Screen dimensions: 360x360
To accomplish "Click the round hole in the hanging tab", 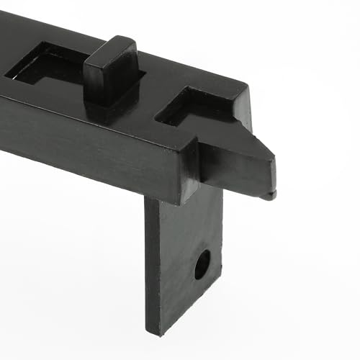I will (x=202, y=264).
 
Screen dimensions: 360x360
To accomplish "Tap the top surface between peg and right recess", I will (x=151, y=94).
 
